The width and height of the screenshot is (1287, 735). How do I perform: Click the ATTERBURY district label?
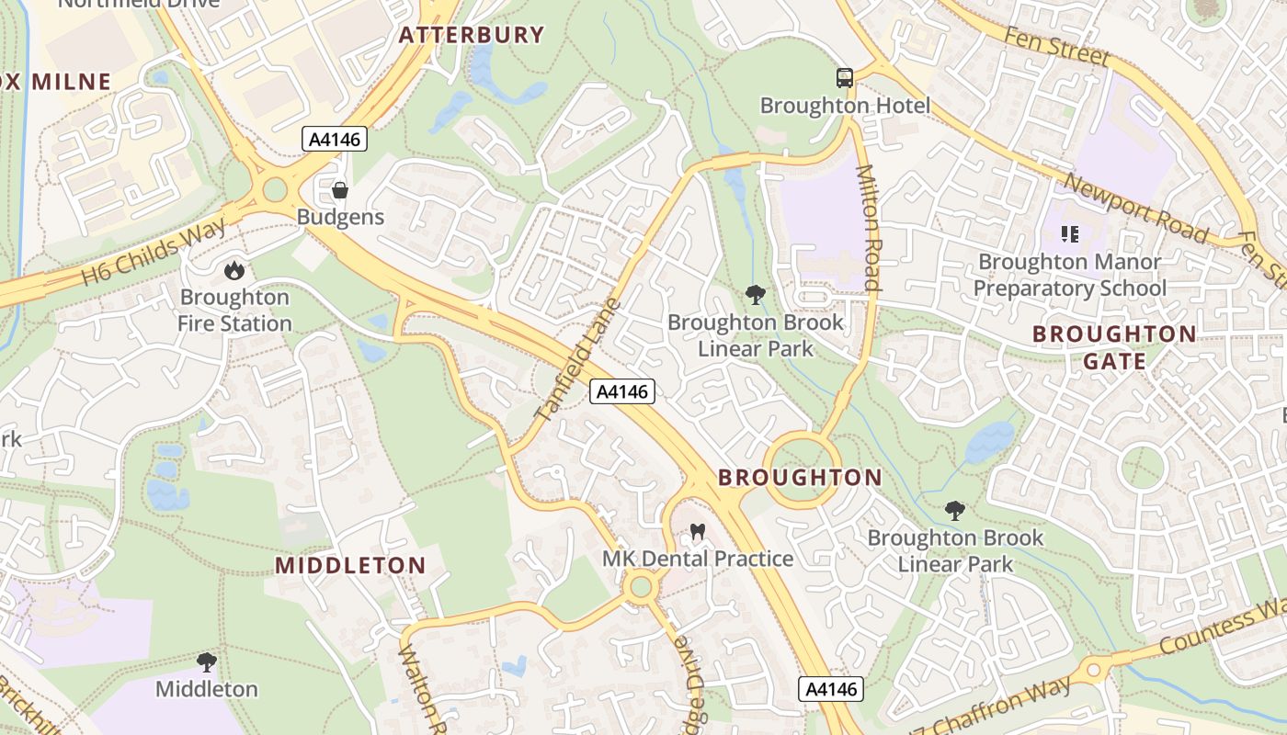tap(471, 35)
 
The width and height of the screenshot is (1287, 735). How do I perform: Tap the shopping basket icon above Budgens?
tap(340, 190)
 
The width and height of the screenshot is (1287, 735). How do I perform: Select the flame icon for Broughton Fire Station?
tap(234, 270)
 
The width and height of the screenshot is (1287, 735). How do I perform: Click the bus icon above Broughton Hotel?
tap(844, 78)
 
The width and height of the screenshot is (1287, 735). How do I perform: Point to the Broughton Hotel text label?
tap(844, 106)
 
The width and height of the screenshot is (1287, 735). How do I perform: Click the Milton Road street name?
tap(869, 227)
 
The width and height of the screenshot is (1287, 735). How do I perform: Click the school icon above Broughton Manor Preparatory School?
tap(1069, 234)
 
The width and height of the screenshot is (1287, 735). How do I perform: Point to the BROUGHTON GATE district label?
tap(1113, 347)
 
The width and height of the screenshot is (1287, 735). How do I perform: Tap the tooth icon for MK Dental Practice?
tap(697, 532)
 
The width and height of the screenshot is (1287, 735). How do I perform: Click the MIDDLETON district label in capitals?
tap(350, 565)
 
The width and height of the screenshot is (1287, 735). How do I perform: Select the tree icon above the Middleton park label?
tap(207, 661)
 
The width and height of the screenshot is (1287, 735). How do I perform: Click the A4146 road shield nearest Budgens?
tap(336, 140)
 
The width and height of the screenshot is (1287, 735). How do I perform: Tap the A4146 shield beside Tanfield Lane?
tap(621, 391)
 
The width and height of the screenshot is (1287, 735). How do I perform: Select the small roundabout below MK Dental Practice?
tap(641, 586)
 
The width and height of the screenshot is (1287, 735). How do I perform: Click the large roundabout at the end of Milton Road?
tap(801, 470)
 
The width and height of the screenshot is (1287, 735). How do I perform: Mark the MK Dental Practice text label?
tap(697, 559)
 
